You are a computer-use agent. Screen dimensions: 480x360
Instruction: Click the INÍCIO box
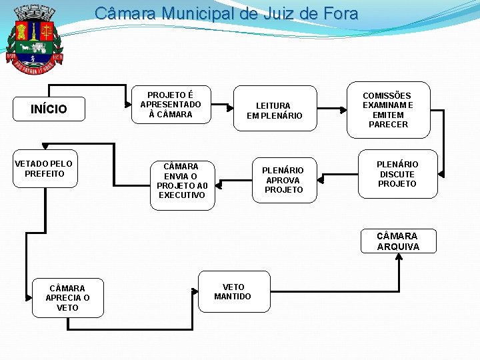click(x=49, y=109)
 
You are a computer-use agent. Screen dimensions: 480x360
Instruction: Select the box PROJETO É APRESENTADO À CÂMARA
click(x=171, y=105)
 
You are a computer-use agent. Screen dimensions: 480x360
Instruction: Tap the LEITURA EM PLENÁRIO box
click(x=274, y=110)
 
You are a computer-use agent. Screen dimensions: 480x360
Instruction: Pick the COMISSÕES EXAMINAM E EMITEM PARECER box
click(x=388, y=110)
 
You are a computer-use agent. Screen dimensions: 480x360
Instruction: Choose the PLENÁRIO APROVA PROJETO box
click(x=283, y=180)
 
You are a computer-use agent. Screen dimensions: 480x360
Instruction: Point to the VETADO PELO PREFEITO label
click(x=44, y=169)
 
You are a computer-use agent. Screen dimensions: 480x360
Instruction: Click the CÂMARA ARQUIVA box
click(x=398, y=241)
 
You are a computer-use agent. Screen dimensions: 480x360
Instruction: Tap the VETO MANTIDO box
click(x=234, y=291)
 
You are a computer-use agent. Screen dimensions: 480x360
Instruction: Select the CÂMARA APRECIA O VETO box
click(x=67, y=298)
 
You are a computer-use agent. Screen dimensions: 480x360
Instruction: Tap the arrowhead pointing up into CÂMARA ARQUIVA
click(x=398, y=257)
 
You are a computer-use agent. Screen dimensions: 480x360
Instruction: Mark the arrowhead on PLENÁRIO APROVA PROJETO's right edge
click(x=320, y=179)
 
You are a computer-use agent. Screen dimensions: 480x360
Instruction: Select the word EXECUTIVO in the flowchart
click(x=182, y=195)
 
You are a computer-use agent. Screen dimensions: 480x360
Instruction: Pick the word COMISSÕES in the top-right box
click(x=387, y=95)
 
